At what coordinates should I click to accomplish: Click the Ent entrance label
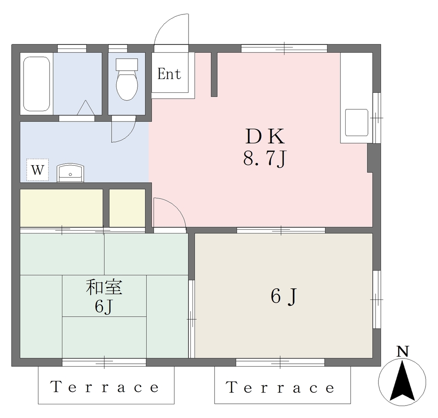tap(169, 74)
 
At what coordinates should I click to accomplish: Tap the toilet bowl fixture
tap(127, 79)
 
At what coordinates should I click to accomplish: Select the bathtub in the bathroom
tap(36, 84)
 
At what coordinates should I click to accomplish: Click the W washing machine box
tap(38, 169)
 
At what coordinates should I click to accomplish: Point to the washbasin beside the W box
tap(71, 173)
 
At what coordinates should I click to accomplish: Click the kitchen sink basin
tap(356, 122)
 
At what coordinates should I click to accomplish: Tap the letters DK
tap(265, 136)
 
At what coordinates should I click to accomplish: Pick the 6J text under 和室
tap(104, 307)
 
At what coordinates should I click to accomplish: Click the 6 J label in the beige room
tap(283, 296)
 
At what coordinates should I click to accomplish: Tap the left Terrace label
tap(105, 387)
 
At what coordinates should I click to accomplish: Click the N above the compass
tap(402, 351)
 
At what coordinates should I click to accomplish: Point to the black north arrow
tap(402, 381)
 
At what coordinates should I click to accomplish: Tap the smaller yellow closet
tap(127, 208)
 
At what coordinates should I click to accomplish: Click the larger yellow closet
tap(62, 208)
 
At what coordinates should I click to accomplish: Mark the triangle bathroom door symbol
tap(86, 107)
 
